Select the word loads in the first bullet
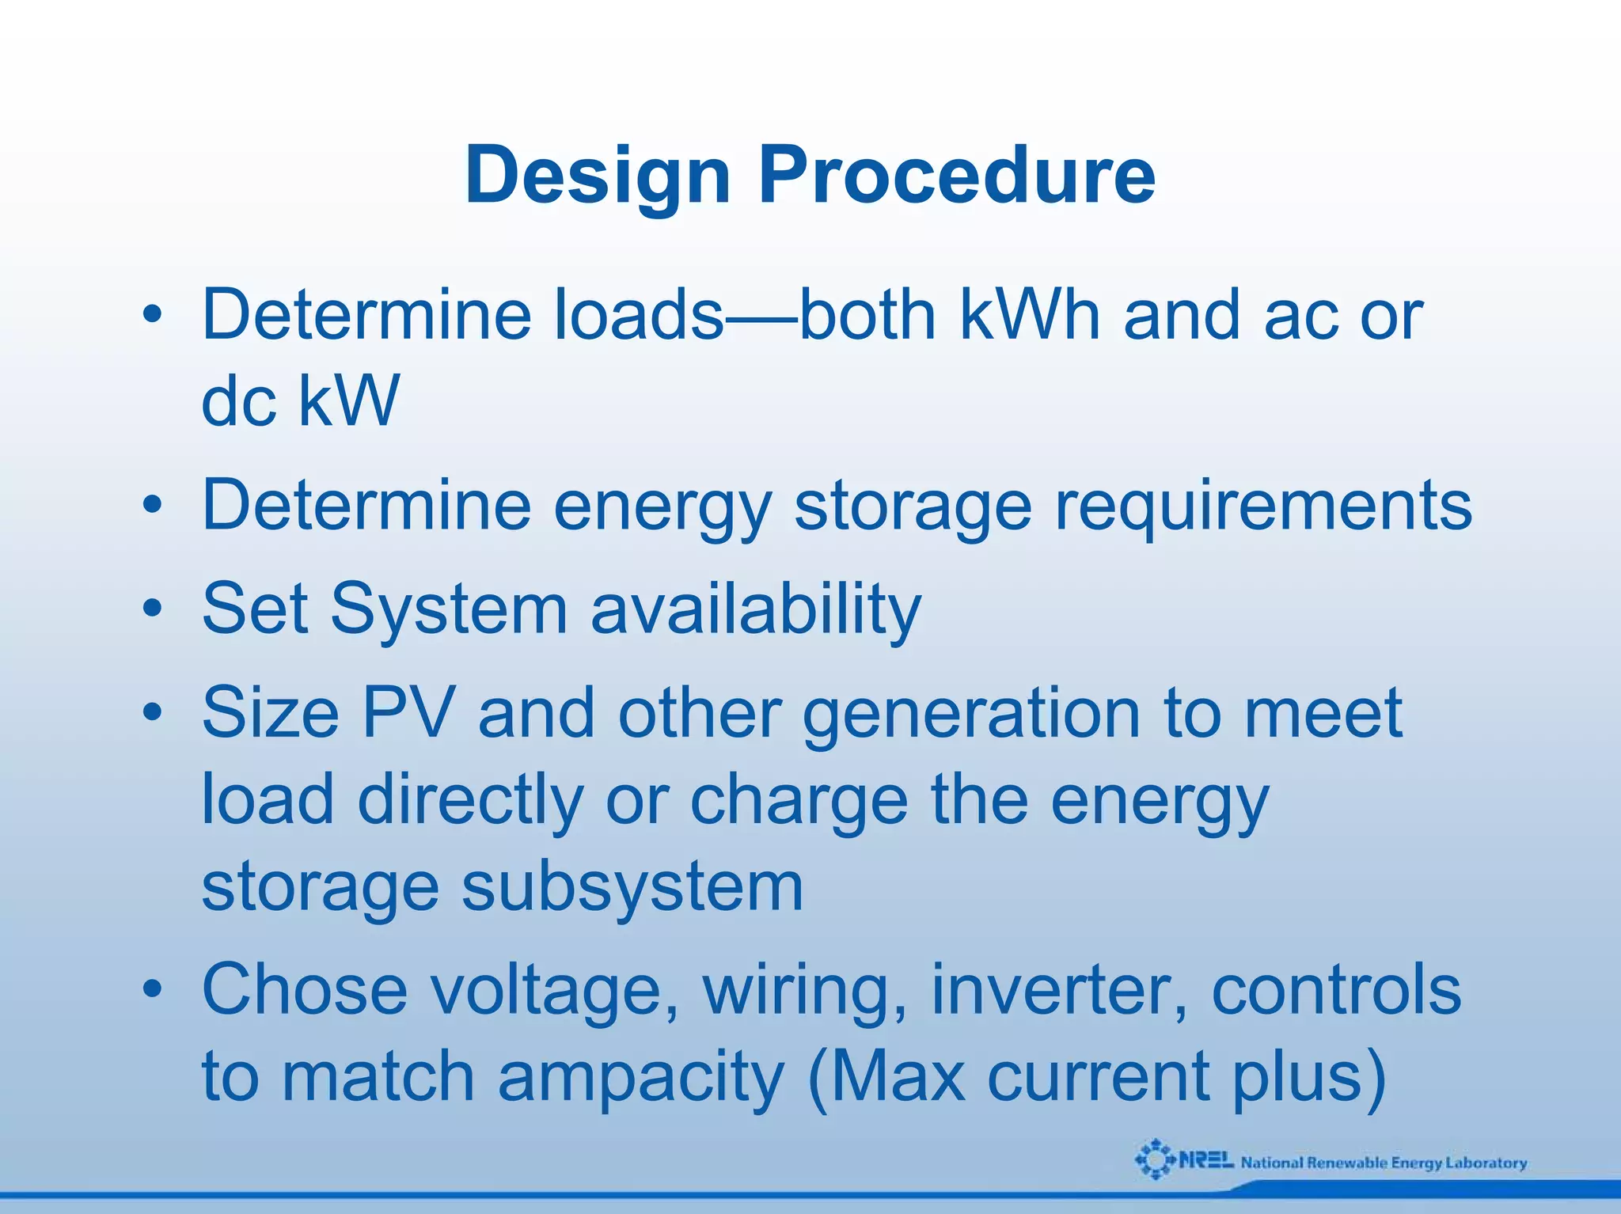[x=638, y=315]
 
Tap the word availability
[x=756, y=609]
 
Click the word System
[x=449, y=609]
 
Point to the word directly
[x=470, y=800]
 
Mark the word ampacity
[x=640, y=1077]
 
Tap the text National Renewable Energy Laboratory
[x=1384, y=1163]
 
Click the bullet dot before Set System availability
[x=153, y=609]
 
